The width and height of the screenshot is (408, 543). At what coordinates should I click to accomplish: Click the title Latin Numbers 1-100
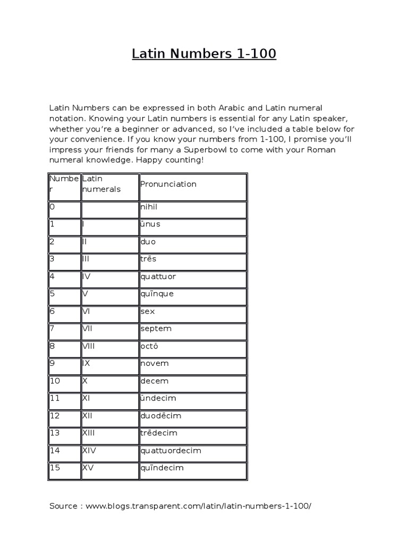204,54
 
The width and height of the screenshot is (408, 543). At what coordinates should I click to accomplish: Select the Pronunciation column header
168,184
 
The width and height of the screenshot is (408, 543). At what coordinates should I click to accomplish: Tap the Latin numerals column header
101,185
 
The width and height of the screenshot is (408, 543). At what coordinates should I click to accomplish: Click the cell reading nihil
150,206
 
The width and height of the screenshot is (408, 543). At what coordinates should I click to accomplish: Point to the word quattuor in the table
158,276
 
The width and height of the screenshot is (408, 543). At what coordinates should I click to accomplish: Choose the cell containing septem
156,329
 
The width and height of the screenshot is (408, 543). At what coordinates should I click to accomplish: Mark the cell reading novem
155,363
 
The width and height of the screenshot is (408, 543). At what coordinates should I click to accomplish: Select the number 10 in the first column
55,381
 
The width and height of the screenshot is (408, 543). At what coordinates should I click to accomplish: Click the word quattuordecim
171,451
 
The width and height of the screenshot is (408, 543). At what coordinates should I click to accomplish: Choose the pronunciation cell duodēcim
162,416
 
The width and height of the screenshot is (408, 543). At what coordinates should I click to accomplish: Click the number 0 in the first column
52,206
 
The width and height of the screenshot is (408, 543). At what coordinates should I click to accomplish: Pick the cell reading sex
148,311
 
